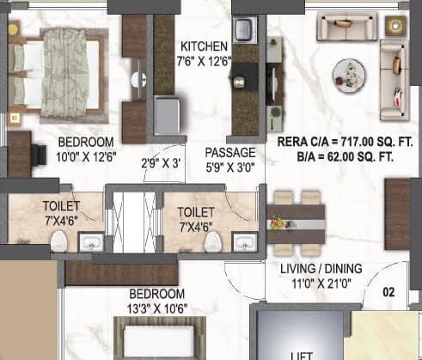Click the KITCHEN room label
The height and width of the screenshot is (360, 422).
click(x=204, y=46)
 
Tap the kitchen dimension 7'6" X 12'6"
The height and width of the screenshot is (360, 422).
click(x=204, y=60)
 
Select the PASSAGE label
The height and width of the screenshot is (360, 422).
click(x=228, y=152)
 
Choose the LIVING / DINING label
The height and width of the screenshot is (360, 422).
click(x=317, y=269)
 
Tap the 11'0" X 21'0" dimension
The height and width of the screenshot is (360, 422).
click(x=317, y=283)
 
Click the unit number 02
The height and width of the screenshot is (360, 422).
click(x=388, y=292)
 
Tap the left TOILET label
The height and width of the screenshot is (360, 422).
click(x=61, y=205)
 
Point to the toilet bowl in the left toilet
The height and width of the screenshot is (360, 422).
click(x=57, y=242)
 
